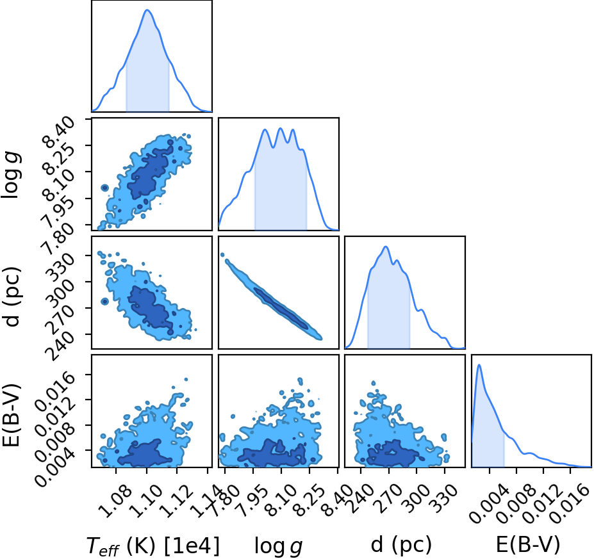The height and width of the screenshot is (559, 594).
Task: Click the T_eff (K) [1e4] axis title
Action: [x=153, y=546]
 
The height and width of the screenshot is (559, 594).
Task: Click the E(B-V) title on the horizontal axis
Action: [x=528, y=546]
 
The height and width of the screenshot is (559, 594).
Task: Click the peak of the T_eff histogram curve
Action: [x=147, y=10]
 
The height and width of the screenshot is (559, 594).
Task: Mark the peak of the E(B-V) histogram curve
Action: [x=479, y=364]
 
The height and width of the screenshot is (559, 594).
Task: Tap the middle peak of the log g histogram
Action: [x=280, y=128]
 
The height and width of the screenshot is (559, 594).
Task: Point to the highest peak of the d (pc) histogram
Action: [x=386, y=247]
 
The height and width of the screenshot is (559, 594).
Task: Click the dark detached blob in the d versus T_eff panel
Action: [x=104, y=302]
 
